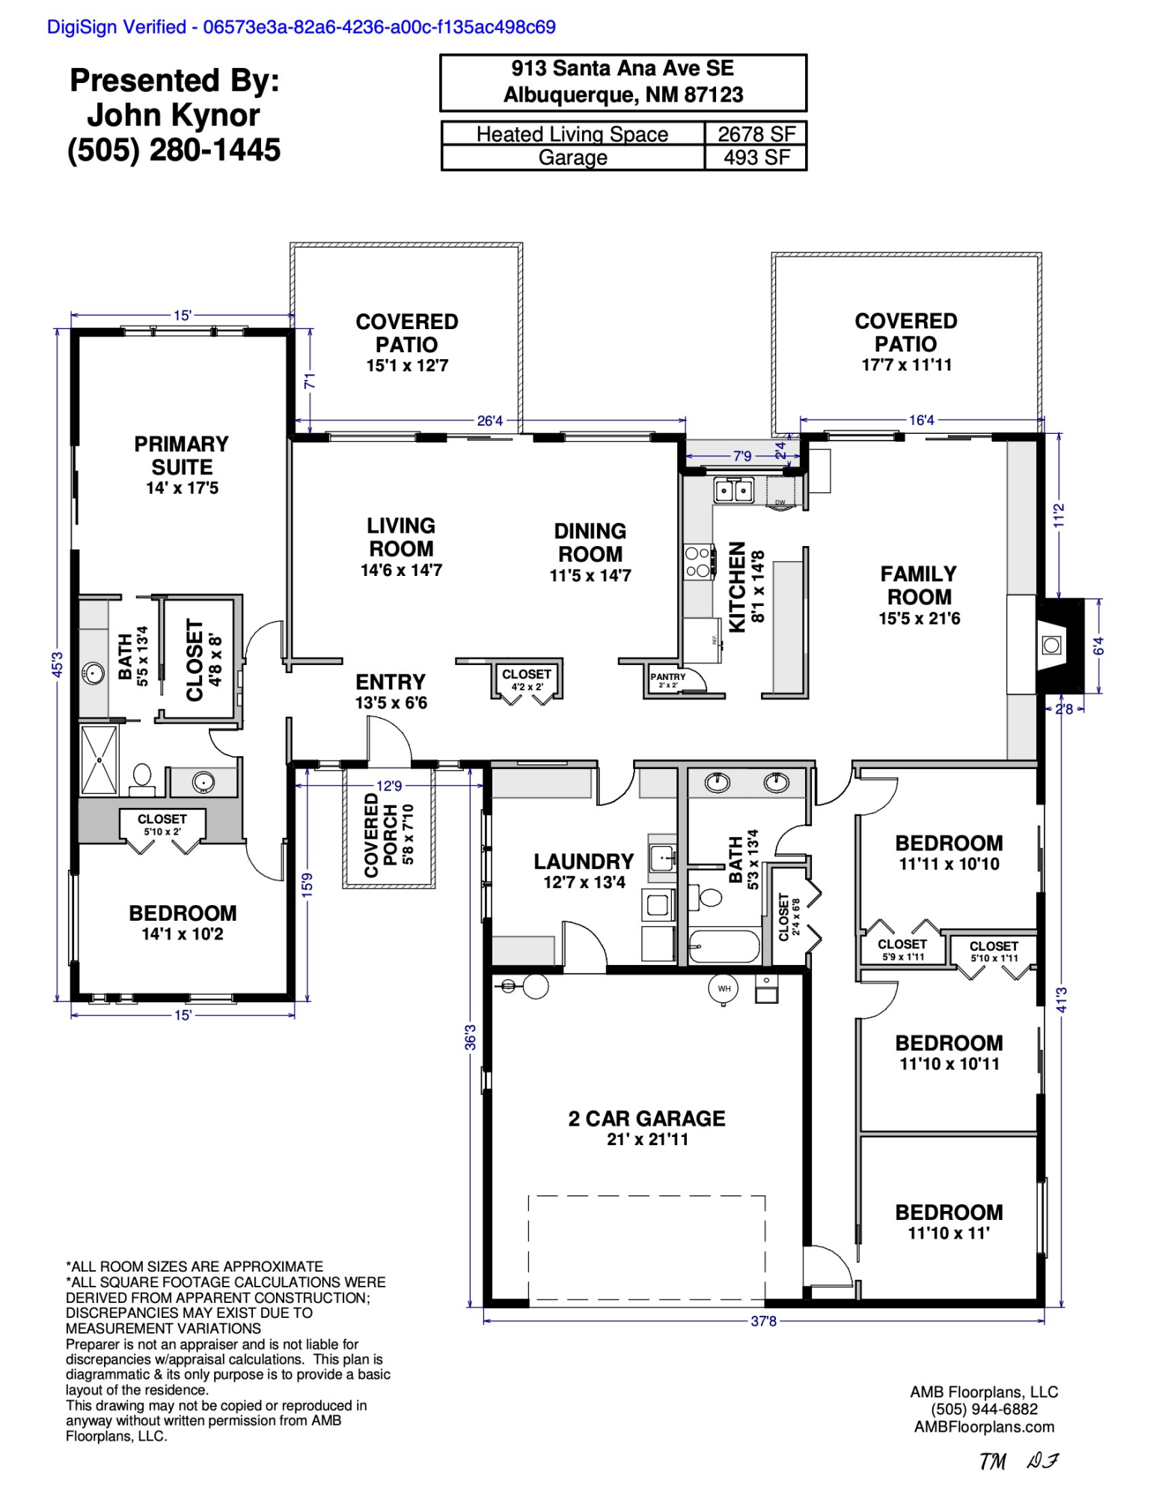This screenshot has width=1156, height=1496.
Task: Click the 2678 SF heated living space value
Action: tap(756, 134)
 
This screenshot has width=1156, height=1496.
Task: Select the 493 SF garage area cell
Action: tap(756, 158)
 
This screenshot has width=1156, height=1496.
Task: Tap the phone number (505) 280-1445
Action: tap(174, 150)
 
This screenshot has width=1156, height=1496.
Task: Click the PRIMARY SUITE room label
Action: tap(182, 456)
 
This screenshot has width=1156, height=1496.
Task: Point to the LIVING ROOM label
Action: tap(401, 537)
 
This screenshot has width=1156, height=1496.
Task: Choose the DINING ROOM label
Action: tap(590, 542)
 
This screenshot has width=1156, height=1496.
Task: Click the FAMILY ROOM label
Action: tap(919, 585)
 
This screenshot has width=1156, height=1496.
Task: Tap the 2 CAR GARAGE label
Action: tap(646, 1118)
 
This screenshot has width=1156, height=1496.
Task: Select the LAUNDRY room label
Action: tap(584, 862)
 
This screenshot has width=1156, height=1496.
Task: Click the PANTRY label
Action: tap(667, 677)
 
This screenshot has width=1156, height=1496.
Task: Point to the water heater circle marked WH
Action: tap(724, 989)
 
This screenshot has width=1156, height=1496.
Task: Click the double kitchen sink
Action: tap(733, 491)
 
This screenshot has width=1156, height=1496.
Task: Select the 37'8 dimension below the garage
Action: tap(763, 1321)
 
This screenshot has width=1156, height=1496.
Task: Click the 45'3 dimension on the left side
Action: tap(58, 664)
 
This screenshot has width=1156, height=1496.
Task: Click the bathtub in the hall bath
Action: tap(724, 946)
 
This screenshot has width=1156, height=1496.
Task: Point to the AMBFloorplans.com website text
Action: tap(984, 1426)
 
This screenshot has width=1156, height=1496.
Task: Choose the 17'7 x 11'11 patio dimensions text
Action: tap(906, 365)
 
